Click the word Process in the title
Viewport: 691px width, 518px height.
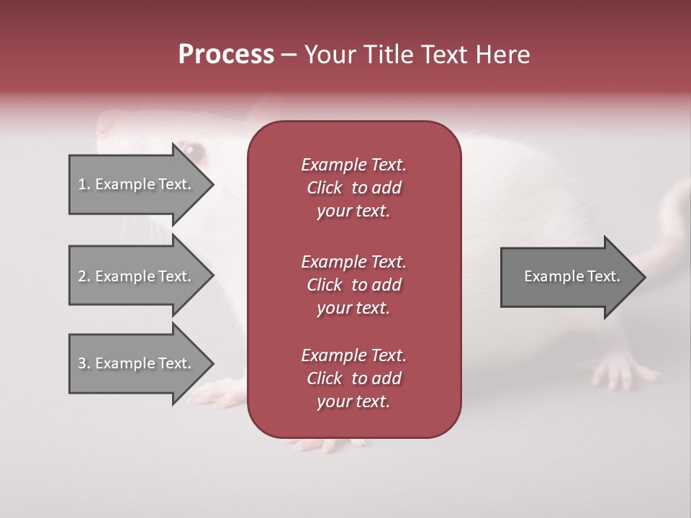pos(226,55)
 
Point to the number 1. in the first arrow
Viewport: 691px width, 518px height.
pos(84,184)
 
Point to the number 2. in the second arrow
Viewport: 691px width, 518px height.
pos(84,276)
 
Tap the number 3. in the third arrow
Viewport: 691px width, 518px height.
pos(84,363)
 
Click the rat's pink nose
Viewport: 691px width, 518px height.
pos(105,127)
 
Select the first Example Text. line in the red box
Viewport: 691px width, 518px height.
pos(353,165)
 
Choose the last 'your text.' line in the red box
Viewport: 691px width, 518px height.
pos(353,402)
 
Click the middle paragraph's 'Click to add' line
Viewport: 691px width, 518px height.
pos(353,285)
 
